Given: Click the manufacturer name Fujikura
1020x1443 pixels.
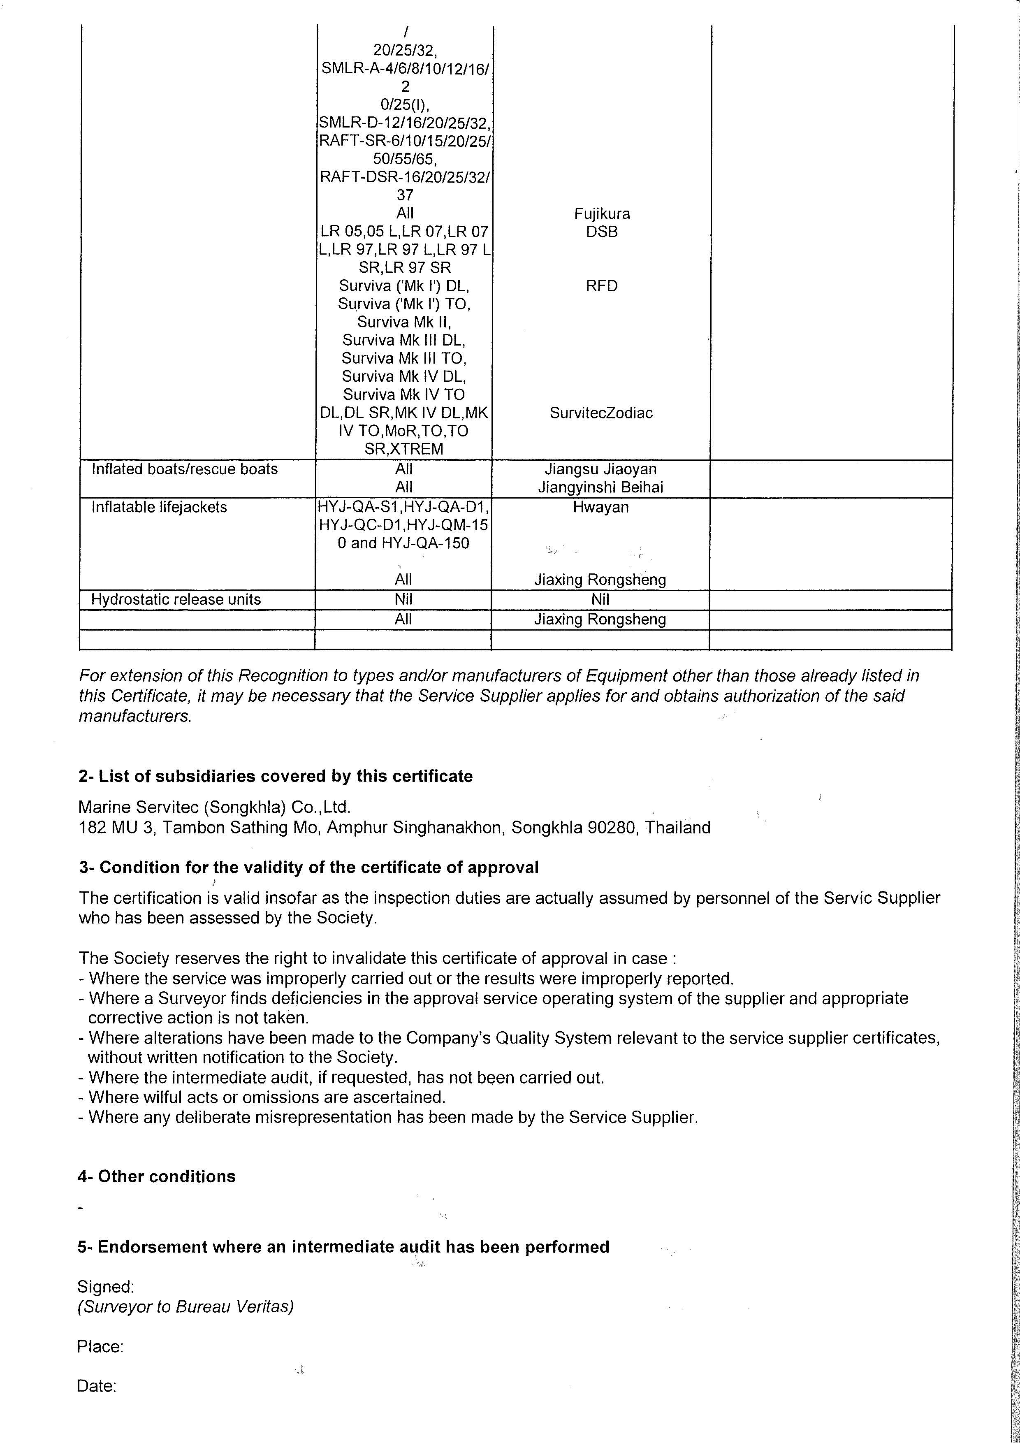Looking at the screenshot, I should click(601, 213).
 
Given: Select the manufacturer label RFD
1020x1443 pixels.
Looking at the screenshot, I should click(601, 286).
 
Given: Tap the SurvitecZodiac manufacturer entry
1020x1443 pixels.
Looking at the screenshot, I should click(601, 413).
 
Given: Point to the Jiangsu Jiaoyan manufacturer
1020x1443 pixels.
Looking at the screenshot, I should click(600, 469).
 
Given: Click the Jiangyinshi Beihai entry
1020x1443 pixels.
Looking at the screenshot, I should click(600, 487).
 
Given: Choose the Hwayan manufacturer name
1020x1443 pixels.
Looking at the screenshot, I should click(600, 507).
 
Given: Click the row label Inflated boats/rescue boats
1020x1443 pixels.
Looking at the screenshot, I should click(184, 469).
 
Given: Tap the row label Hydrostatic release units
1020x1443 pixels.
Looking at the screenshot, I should click(175, 600).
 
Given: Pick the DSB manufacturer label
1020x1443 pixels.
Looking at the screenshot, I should click(601, 232).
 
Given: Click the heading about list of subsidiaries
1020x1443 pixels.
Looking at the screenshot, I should click(275, 776).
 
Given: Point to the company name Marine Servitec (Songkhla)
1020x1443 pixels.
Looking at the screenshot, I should click(214, 807).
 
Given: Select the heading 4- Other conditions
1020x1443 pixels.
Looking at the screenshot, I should click(156, 1176).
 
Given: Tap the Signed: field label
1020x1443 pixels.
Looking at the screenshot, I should click(106, 1287).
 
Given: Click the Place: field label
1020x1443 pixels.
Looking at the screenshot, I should click(100, 1346).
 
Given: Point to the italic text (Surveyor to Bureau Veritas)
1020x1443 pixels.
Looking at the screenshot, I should click(185, 1306).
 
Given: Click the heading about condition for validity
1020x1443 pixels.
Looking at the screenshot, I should click(308, 868).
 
